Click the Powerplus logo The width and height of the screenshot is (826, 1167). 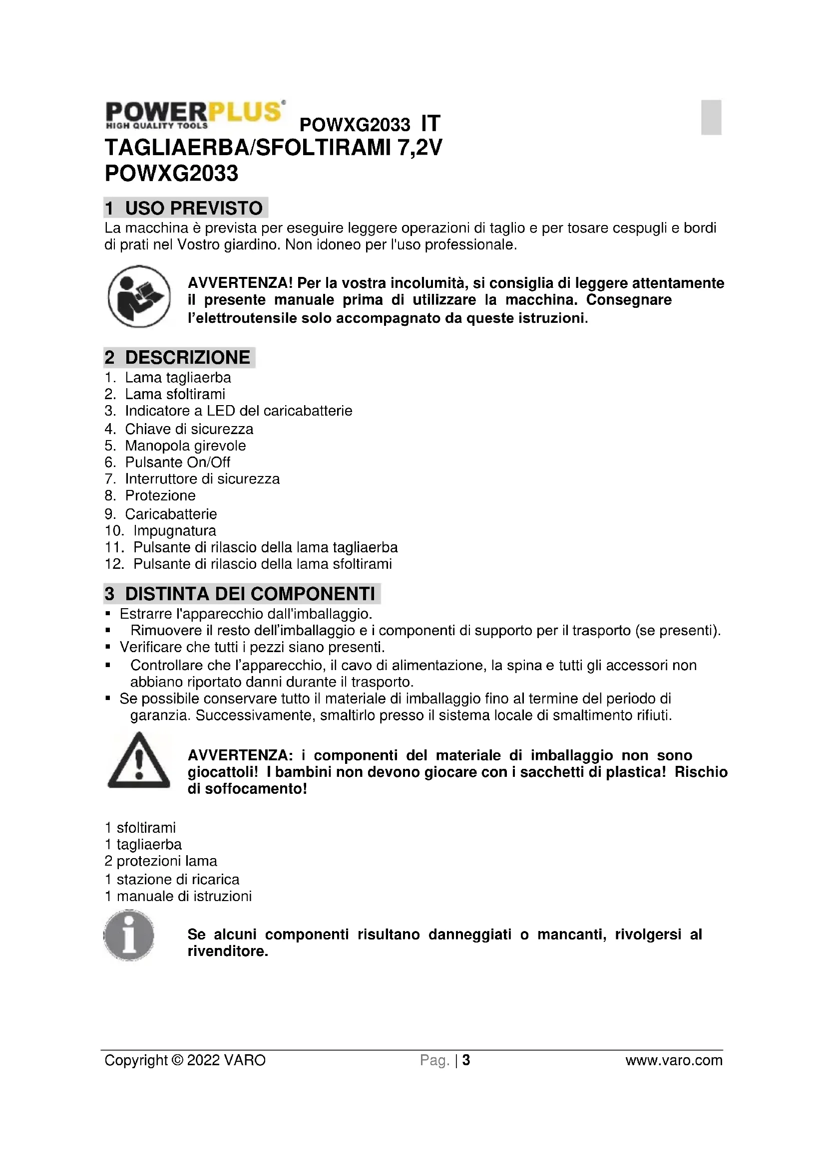click(194, 114)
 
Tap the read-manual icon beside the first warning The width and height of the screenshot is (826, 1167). click(139, 296)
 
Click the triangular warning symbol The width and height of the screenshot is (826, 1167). click(138, 761)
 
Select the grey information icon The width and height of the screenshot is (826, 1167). click(129, 935)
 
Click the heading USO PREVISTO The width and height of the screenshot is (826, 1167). click(185, 208)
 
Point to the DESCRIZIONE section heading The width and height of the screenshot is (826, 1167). click(179, 357)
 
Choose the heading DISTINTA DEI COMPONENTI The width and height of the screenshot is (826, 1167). click(242, 593)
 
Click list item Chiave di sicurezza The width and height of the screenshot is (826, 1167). click(189, 429)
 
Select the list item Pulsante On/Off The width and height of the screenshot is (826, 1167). click(177, 462)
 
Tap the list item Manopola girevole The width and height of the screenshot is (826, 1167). click(185, 446)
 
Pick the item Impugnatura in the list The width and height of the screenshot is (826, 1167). click(174, 531)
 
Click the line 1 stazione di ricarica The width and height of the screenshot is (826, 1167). click(171, 879)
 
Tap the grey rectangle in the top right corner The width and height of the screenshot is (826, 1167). click(711, 117)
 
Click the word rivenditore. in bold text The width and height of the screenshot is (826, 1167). click(227, 951)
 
